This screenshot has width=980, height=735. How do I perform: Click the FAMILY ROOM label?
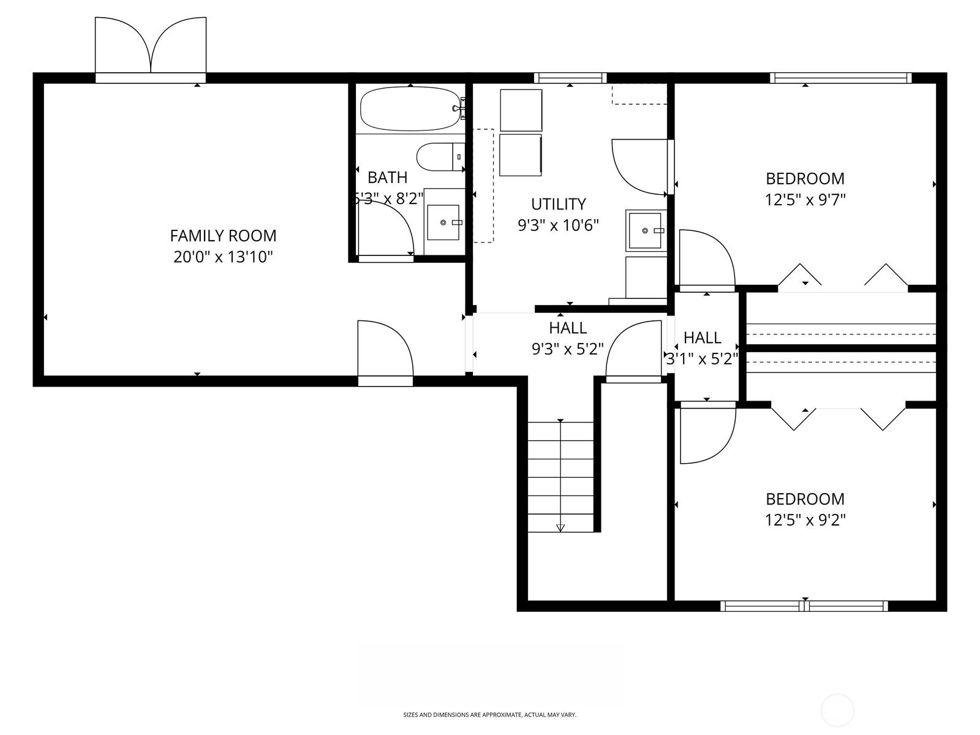223,236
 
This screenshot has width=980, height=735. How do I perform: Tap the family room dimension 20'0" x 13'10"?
223,257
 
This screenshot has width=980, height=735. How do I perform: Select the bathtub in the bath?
409,109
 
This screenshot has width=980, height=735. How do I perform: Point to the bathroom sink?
443,222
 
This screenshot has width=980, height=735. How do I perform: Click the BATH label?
387,178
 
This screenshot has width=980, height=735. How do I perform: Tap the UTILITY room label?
558,204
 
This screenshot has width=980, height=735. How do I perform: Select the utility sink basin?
646,230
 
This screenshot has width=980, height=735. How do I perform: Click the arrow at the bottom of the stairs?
560,527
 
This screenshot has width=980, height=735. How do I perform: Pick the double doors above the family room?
151,46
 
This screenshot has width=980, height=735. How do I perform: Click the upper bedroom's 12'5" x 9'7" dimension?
805,200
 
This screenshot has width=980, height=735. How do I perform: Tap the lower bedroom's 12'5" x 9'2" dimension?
805,520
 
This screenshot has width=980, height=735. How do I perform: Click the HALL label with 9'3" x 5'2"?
568,328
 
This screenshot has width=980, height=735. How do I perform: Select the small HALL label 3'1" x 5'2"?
702,337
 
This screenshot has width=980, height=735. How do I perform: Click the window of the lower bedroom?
804,606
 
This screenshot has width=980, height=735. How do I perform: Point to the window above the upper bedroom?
840,78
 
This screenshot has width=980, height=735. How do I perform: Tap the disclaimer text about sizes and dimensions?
489,715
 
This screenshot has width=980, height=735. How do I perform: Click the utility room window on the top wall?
570,78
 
